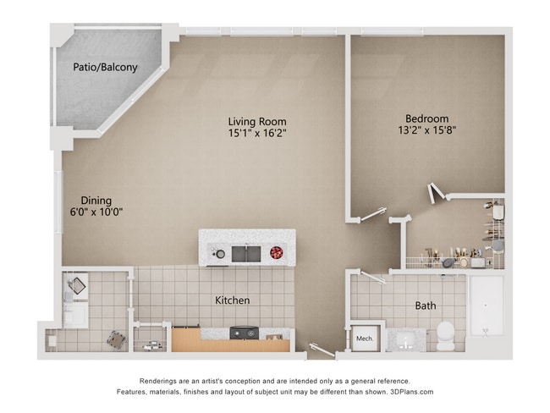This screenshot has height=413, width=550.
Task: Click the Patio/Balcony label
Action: point(105,67)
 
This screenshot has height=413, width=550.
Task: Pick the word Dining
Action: point(96,201)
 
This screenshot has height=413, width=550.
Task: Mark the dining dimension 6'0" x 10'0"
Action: point(96,213)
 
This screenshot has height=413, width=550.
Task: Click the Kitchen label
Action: point(232,300)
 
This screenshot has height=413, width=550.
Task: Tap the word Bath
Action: point(426,306)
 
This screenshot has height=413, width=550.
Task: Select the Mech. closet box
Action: point(365,339)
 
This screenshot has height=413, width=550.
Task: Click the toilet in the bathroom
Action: point(445,335)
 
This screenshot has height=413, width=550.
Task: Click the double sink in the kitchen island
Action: point(246,252)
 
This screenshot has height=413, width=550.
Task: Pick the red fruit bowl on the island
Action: point(276,252)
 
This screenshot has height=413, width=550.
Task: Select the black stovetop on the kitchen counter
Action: point(245,333)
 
